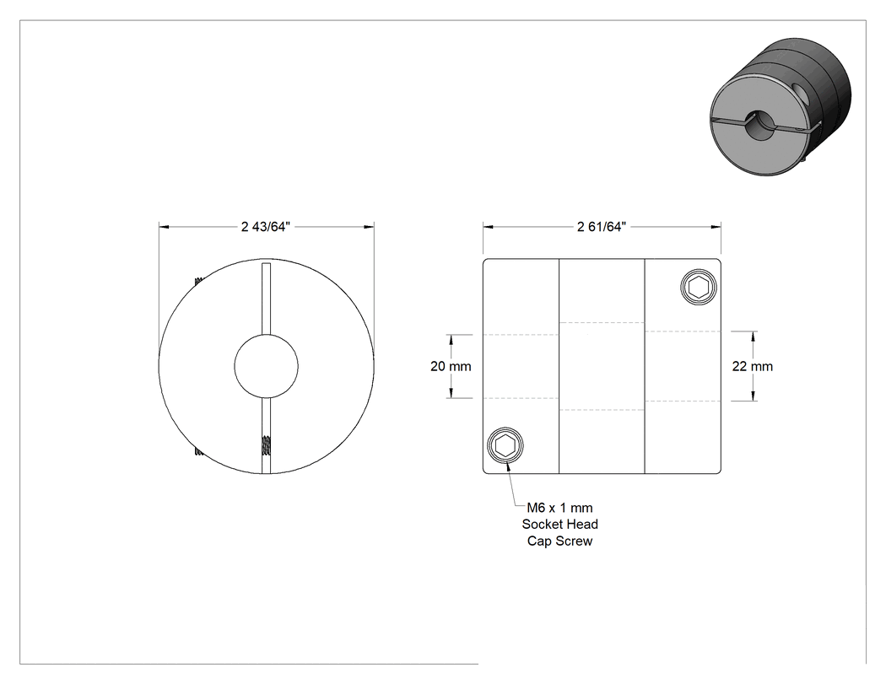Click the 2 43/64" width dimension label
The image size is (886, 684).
266,227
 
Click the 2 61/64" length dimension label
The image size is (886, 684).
602,227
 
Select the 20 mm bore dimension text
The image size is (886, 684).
451,366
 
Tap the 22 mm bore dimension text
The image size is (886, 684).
753,366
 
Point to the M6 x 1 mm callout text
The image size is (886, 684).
560,507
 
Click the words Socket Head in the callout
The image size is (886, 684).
560,524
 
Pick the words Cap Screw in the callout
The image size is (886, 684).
560,541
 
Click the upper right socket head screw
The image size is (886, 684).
699,288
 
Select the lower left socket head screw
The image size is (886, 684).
505,445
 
